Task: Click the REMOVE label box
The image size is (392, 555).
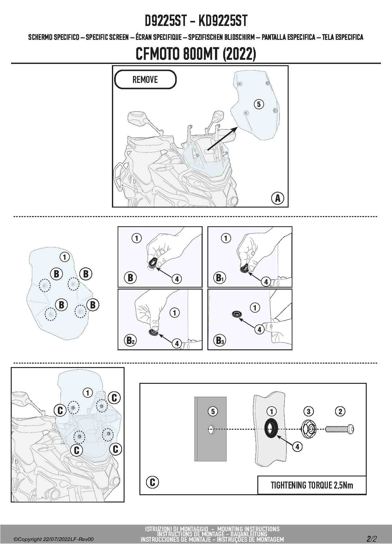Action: [x=145, y=79]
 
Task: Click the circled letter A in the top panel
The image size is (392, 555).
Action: [x=278, y=198]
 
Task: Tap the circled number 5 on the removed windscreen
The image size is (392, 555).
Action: [x=259, y=104]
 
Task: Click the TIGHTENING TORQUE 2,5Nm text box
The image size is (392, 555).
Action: [x=312, y=485]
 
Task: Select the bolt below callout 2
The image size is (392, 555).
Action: [x=340, y=429]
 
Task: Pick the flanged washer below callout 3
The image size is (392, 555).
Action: [x=309, y=429]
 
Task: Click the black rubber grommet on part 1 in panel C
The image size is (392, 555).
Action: [x=271, y=429]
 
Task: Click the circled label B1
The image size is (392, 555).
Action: [x=219, y=278]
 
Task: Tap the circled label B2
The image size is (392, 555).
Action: [x=130, y=340]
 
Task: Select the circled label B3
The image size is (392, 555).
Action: [x=219, y=340]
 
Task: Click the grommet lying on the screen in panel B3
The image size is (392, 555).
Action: [x=236, y=314]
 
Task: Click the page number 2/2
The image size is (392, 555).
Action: [x=371, y=539]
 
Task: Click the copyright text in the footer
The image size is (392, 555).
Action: [x=54, y=539]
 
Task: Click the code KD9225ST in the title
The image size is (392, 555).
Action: [x=223, y=21]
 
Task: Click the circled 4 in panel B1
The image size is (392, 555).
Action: [x=266, y=281]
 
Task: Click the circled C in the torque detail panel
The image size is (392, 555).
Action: [x=152, y=482]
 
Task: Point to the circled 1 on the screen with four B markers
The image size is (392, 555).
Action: [x=64, y=257]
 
